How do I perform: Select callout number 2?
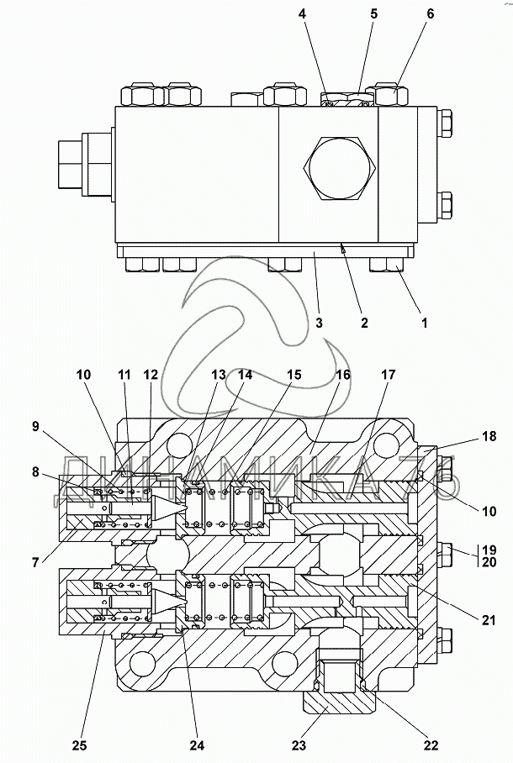click(364, 322)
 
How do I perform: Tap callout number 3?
click(320, 322)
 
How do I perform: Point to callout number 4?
click(325, 14)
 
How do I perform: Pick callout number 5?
click(373, 14)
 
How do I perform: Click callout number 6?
click(430, 14)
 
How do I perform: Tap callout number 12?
click(151, 375)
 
